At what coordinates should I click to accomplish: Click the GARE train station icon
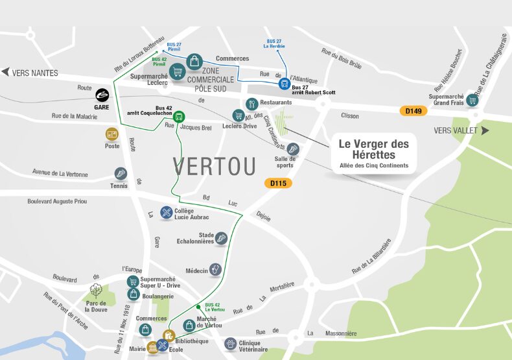click(102, 94)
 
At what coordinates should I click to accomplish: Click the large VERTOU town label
click(215, 166)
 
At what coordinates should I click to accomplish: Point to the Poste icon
click(113, 134)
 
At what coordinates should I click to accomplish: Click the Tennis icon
click(120, 174)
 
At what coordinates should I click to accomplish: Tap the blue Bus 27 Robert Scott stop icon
click(284, 84)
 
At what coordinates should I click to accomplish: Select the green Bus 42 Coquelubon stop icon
click(180, 117)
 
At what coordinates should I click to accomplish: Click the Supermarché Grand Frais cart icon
click(472, 101)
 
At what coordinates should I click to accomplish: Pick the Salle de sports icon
click(293, 149)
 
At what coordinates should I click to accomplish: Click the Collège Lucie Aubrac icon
click(167, 212)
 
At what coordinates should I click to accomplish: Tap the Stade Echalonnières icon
click(222, 238)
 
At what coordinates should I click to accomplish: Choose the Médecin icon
click(216, 269)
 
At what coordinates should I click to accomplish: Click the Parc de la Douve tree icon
click(96, 289)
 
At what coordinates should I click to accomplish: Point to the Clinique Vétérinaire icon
click(230, 343)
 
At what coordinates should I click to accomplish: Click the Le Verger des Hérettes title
click(375, 149)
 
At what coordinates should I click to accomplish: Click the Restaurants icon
click(251, 103)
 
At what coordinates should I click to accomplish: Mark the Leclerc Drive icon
click(238, 115)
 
